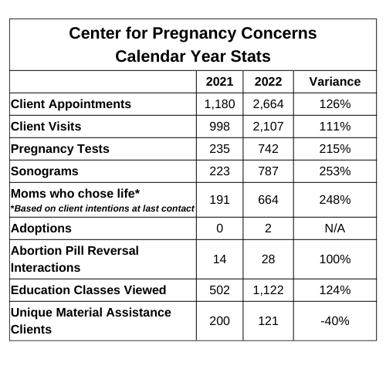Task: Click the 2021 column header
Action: pos(219,82)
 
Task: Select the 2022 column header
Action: pos(268,82)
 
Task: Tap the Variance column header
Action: pos(335,82)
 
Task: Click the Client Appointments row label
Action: pos(71,104)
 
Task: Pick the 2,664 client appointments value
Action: pos(268,104)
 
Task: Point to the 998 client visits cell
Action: pos(219,127)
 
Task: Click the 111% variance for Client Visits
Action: pos(335,127)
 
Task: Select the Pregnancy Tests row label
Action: pos(60,149)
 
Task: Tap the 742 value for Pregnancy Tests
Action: pos(268,149)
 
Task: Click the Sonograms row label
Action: pos(45,171)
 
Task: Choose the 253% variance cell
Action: pos(335,171)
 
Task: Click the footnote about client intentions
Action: pos(103,208)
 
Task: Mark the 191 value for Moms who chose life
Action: pos(219,200)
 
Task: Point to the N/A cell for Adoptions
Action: pos(335,229)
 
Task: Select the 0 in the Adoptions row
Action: pos(219,229)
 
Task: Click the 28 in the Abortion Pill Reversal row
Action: pos(268,259)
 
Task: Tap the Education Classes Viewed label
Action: pos(89,290)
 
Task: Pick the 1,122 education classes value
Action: pos(268,290)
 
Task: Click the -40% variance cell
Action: pos(335,321)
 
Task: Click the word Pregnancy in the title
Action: pos(195,34)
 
